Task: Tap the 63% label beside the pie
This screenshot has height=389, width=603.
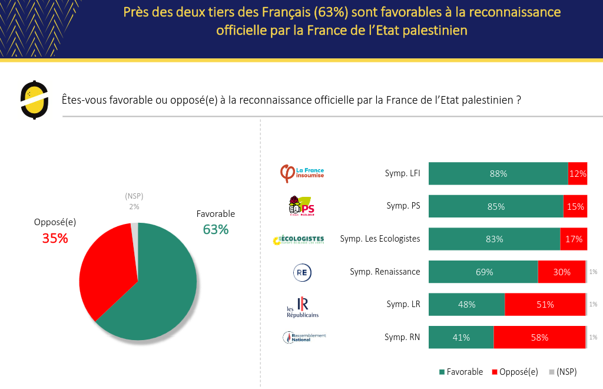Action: click(216, 229)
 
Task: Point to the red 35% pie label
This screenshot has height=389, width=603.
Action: click(55, 238)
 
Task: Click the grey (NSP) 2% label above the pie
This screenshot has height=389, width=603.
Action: click(134, 201)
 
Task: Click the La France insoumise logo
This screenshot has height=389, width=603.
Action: click(301, 173)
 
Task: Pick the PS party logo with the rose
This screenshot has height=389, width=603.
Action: click(301, 206)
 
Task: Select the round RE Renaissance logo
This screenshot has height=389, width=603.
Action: click(302, 272)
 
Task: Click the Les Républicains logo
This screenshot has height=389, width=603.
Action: click(302, 306)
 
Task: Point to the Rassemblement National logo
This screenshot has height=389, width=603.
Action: click(304, 338)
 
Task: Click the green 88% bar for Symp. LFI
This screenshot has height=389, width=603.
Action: click(498, 174)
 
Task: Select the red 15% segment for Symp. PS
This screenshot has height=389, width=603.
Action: click(575, 206)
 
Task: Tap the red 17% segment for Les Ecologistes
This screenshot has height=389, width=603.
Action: click(573, 239)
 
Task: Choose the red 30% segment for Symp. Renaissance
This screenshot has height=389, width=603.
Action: click(561, 272)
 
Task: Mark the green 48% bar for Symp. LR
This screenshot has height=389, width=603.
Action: click(466, 305)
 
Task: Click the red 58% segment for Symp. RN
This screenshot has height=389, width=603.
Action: click(539, 338)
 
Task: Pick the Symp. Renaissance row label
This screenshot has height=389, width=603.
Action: click(385, 272)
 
